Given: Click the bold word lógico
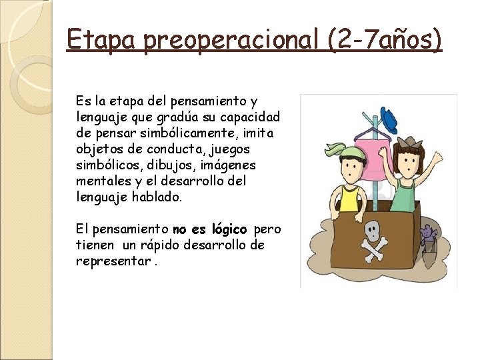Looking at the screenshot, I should point(229,230).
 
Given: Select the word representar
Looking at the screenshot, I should point(113,261).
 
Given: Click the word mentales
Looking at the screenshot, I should point(104,181).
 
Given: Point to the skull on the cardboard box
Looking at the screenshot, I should point(372,230).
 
